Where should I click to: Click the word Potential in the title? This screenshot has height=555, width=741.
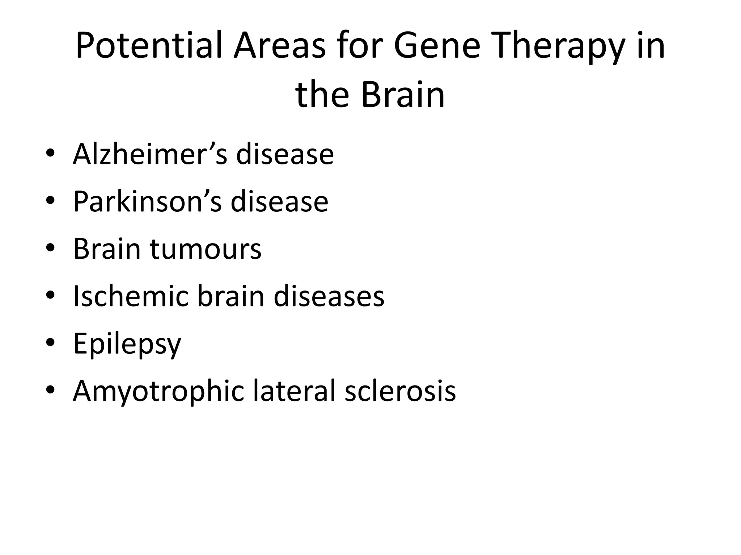coord(148,46)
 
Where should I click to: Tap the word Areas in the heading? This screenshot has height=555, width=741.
coord(279,46)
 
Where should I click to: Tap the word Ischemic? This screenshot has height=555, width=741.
coord(131,296)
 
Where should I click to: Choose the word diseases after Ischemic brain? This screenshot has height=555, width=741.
coord(329,296)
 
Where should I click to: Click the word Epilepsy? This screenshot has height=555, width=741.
coord(127,344)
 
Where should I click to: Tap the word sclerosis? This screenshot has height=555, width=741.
coord(400,391)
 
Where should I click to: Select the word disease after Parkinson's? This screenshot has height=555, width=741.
coord(279,202)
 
